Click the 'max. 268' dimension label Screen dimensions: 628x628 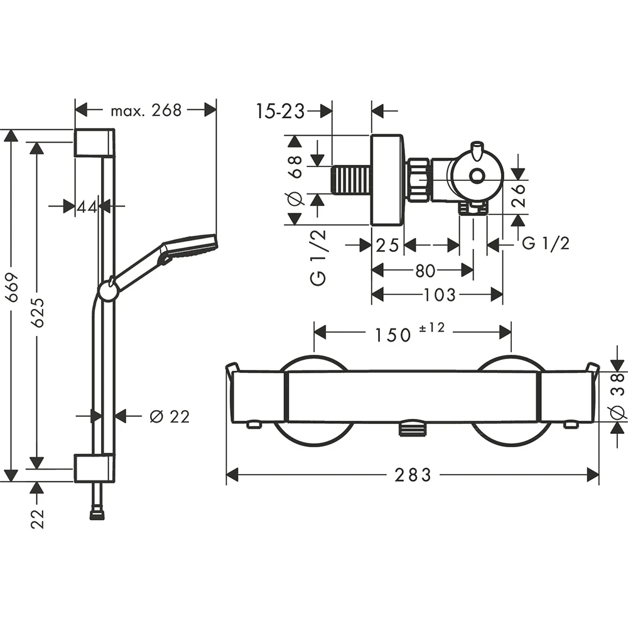click(x=146, y=111)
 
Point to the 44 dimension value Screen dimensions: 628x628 click(x=88, y=205)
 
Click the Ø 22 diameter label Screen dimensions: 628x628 click(x=170, y=416)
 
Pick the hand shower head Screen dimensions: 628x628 click(x=188, y=247)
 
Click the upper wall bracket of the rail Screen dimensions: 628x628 click(x=94, y=143)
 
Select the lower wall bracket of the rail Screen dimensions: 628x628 click(x=94, y=468)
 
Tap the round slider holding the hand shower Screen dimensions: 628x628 click(x=107, y=291)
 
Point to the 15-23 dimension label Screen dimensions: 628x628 click(x=280, y=111)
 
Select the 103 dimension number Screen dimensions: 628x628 click(x=440, y=294)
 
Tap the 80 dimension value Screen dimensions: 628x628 click(x=425, y=271)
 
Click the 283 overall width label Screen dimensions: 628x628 click(x=413, y=475)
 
